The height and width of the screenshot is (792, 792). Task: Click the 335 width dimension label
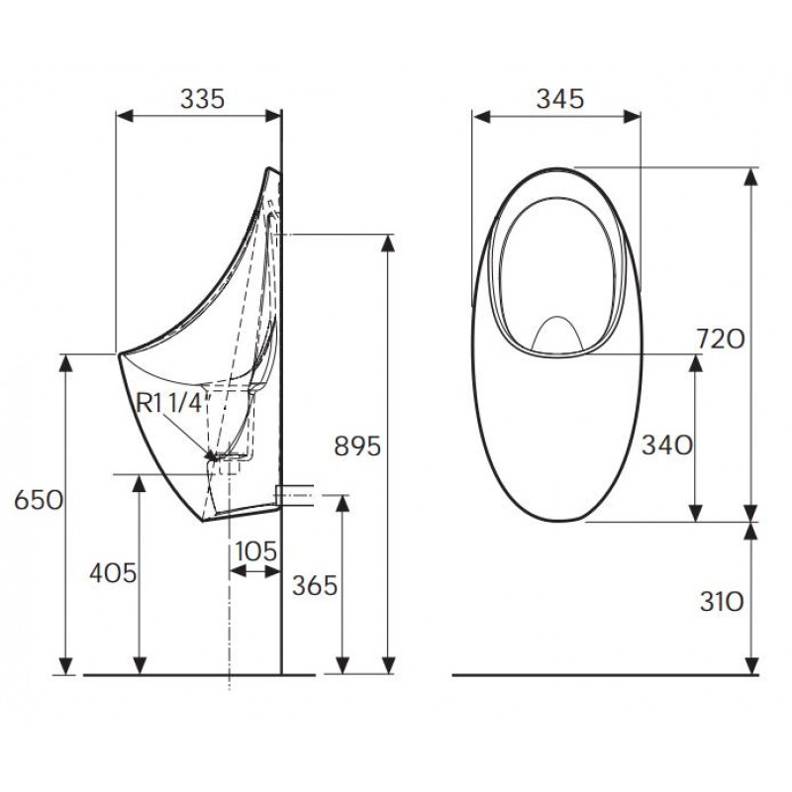[202, 98]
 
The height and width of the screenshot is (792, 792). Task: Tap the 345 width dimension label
[560, 98]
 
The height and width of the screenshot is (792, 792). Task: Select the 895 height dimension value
[357, 446]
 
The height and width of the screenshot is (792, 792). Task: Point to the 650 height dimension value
[39, 501]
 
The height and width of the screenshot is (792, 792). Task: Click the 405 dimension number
[113, 573]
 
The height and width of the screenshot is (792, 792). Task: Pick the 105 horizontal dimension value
[256, 551]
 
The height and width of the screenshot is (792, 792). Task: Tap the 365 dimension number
[315, 586]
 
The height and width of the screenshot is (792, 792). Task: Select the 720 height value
[721, 340]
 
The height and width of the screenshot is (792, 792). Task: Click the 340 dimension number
[666, 445]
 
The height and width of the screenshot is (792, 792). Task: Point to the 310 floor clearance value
[722, 602]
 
